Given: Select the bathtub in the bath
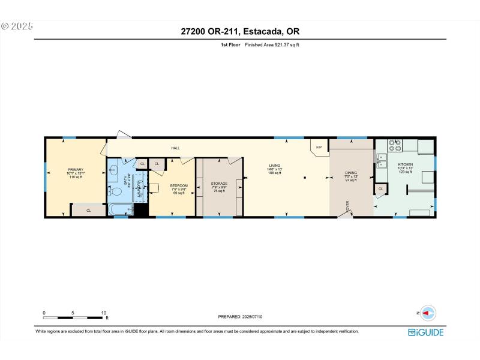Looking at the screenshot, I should pos(121,209).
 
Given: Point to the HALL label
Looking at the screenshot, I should pos(175,148).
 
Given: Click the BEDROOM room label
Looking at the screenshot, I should pos(179,186).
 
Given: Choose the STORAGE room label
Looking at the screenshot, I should pos(219,183).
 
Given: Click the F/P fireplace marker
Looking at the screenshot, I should pos(319,147).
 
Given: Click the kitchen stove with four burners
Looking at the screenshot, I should pos(396,145).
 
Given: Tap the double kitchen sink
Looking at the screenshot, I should pos(382,160).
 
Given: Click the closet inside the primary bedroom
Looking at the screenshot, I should pos(88,210).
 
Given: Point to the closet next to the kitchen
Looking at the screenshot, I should pos(380,189).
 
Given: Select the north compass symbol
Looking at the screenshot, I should pos(428,313).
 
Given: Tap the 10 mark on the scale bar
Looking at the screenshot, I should pos(104,313).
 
